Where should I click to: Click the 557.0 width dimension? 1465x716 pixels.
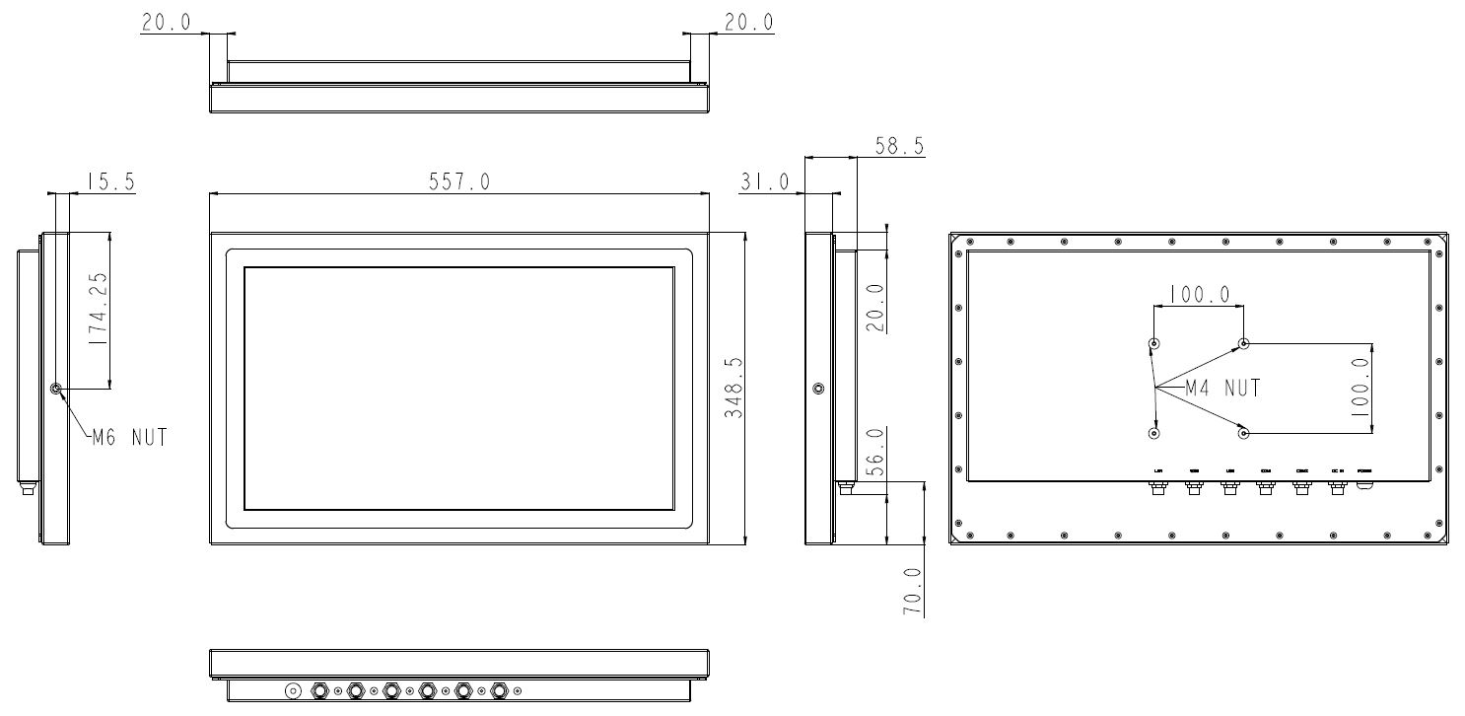point(458,181)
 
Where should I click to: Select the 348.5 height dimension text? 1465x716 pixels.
point(733,389)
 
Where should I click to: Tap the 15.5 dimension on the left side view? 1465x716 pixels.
point(110,181)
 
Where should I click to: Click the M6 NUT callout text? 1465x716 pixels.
point(129,437)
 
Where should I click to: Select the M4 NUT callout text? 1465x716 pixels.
point(1222,388)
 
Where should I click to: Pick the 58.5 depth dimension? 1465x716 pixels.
point(899,146)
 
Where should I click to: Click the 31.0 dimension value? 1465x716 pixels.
point(764,181)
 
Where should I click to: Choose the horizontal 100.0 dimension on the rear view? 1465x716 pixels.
point(1199,294)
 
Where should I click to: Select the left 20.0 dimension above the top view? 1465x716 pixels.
point(167,23)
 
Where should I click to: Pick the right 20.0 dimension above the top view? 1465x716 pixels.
point(749,23)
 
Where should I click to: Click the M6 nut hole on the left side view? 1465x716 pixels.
point(56,390)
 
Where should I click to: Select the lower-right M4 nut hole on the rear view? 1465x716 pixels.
point(1244,433)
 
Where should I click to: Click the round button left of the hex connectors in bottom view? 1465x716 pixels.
point(293,690)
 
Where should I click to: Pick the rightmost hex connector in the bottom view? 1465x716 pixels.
point(500,690)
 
